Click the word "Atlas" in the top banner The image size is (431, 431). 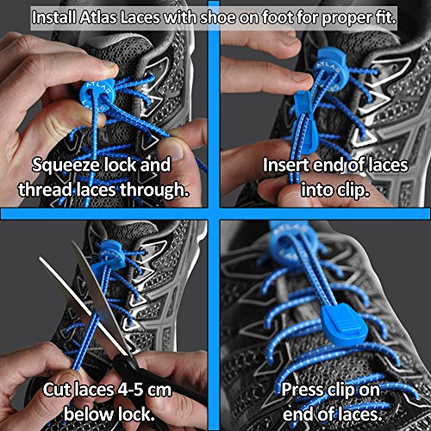[x=98, y=18]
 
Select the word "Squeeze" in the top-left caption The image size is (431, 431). [x=66, y=166]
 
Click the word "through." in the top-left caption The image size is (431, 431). [x=154, y=190]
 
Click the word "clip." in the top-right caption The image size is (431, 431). [x=353, y=191]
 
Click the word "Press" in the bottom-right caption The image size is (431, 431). [x=302, y=390]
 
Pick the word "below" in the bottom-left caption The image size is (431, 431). [x=89, y=415]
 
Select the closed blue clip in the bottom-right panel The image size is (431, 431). [x=343, y=324]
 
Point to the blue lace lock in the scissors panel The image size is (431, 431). [x=110, y=253]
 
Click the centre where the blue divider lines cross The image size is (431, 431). [x=214, y=214]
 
